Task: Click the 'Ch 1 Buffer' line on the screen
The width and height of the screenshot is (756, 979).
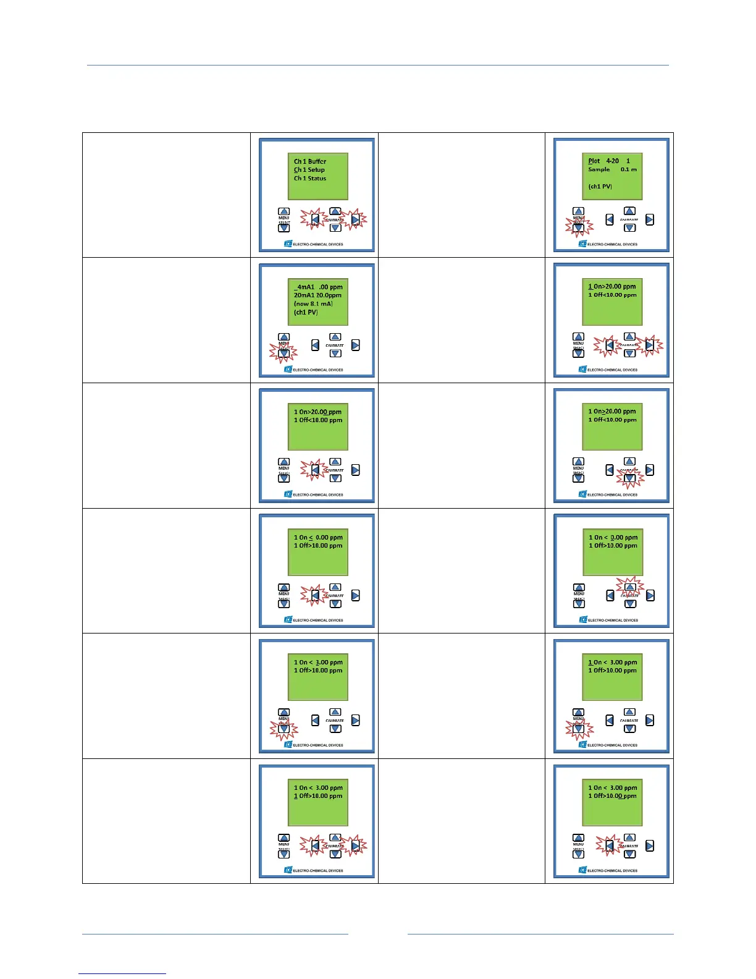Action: pyautogui.click(x=310, y=161)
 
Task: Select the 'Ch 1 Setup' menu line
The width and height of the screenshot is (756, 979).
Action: pyautogui.click(x=309, y=170)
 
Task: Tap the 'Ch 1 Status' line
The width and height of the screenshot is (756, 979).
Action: pyautogui.click(x=310, y=179)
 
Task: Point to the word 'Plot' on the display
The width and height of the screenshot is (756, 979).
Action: pyautogui.click(x=594, y=161)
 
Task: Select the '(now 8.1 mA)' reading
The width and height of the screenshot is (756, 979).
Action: pyautogui.click(x=313, y=304)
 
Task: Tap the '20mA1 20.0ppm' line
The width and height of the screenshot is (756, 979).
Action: pyautogui.click(x=317, y=295)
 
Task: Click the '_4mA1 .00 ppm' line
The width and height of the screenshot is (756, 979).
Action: pyautogui.click(x=318, y=287)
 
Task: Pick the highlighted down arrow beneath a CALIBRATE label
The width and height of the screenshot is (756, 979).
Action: pyautogui.click(x=629, y=478)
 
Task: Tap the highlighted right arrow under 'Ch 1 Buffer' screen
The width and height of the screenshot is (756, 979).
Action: pyautogui.click(x=356, y=219)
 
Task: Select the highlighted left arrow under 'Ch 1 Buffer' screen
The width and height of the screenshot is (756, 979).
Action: pyautogui.click(x=314, y=219)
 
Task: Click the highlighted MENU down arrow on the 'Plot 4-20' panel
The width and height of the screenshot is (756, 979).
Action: pyautogui.click(x=578, y=227)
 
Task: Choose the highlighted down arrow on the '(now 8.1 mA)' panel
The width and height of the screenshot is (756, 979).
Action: pyautogui.click(x=283, y=353)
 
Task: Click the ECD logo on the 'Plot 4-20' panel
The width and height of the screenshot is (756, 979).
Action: pyautogui.click(x=582, y=244)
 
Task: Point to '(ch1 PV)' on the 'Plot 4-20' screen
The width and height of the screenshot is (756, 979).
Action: pyautogui.click(x=600, y=186)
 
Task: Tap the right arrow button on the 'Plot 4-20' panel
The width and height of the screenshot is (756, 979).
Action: pyautogui.click(x=650, y=219)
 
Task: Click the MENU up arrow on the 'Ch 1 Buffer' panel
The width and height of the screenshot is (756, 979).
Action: pyautogui.click(x=283, y=211)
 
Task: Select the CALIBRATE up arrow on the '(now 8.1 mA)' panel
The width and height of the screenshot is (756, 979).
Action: pyautogui.click(x=335, y=337)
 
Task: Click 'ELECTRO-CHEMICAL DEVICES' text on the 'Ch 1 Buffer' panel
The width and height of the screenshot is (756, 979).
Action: pyautogui.click(x=318, y=245)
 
